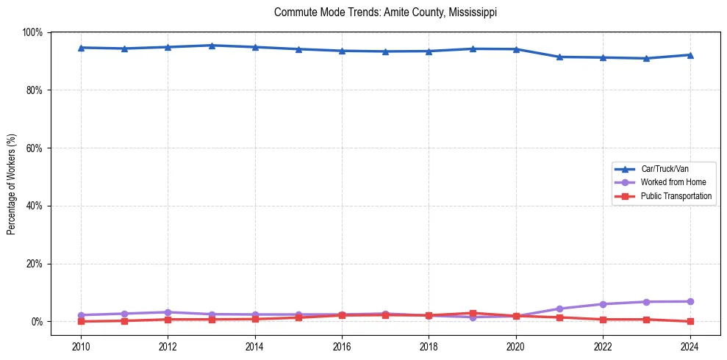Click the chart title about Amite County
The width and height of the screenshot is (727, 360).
click(385, 12)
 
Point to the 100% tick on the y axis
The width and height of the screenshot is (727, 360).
click(33, 32)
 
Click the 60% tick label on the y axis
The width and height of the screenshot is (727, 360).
click(35, 148)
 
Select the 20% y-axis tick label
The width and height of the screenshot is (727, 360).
click(35, 264)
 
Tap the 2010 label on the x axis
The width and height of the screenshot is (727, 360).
click(81, 346)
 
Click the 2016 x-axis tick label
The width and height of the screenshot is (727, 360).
click(342, 346)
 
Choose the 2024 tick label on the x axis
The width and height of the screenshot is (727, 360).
click(690, 346)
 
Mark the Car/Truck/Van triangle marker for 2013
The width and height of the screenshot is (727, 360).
click(212, 46)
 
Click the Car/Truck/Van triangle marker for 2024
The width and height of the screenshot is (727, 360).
click(690, 55)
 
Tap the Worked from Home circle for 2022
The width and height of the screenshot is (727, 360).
click(603, 304)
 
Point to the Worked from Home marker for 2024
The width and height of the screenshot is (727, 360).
click(690, 301)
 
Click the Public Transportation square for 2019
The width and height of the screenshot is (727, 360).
click(473, 314)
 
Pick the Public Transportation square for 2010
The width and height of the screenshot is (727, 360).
click(81, 321)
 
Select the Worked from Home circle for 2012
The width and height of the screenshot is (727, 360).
click(168, 312)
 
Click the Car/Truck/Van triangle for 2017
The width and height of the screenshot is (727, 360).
click(386, 51)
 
